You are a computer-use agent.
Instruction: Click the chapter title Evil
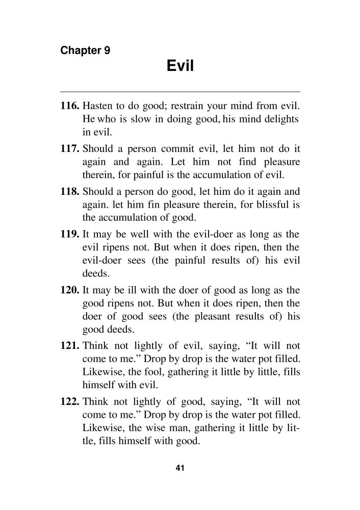click(180, 66)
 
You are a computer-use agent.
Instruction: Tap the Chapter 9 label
click(85, 50)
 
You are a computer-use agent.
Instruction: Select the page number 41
click(179, 468)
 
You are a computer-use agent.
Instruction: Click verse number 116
click(70, 107)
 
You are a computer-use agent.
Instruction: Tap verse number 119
click(70, 236)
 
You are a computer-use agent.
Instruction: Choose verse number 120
click(70, 291)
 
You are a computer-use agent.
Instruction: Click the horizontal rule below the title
click(180, 91)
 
